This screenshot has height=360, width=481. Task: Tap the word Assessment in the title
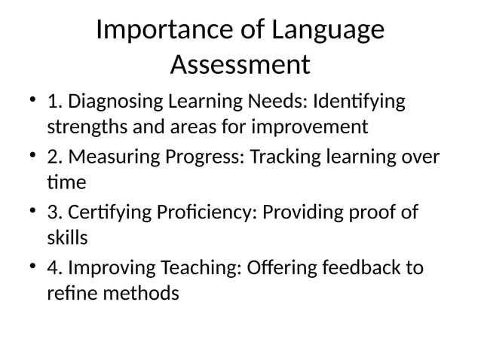click(x=240, y=65)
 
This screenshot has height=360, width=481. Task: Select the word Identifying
click(x=358, y=101)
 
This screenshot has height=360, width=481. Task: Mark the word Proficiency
click(x=207, y=212)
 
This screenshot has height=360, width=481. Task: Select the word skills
click(x=68, y=238)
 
